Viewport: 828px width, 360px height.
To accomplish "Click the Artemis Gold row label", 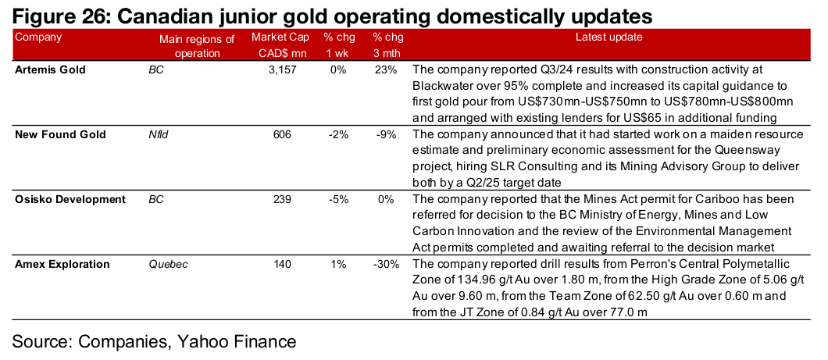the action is click(x=50, y=70).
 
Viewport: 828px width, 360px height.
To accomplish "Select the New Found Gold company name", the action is click(x=60, y=134).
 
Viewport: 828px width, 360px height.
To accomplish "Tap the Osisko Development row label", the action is click(x=70, y=200).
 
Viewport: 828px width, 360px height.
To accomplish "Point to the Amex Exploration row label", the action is click(x=62, y=265).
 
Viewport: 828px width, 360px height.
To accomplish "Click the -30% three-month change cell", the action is click(x=385, y=265).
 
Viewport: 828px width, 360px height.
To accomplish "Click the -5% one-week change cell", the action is click(x=338, y=200).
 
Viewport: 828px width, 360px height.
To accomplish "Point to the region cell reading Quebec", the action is click(x=168, y=265).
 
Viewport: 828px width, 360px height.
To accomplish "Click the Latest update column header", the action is click(x=609, y=37).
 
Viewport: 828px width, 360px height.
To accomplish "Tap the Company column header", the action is click(x=38, y=37).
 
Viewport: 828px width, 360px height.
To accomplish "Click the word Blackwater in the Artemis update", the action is click(x=438, y=86).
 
